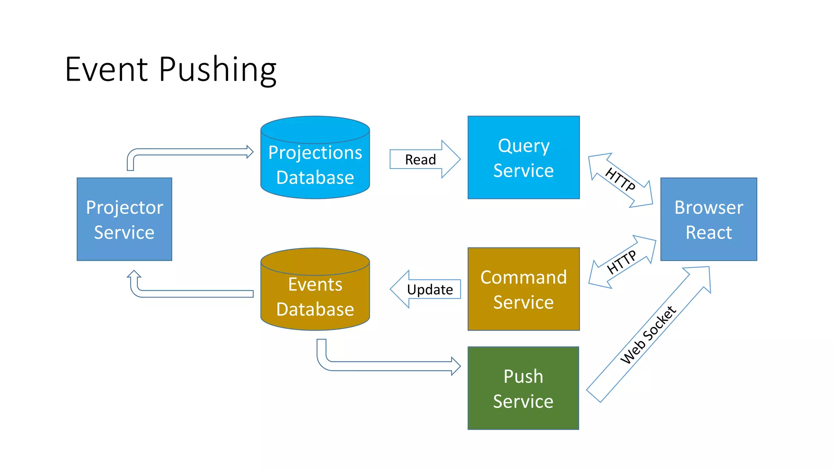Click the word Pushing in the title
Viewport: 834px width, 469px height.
pyautogui.click(x=217, y=70)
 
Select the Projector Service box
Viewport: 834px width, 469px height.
pyautogui.click(x=124, y=219)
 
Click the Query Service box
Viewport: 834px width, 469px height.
pyautogui.click(x=523, y=158)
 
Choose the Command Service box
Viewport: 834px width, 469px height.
pyautogui.click(x=523, y=289)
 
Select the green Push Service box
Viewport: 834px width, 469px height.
pyautogui.click(x=523, y=388)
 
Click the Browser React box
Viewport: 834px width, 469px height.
pyautogui.click(x=709, y=219)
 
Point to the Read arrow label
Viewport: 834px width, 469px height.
pyautogui.click(x=420, y=160)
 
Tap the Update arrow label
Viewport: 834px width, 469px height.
pyautogui.click(x=430, y=289)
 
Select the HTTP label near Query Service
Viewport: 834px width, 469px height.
pyautogui.click(x=620, y=180)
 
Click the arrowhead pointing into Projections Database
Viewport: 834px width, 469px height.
pyautogui.click(x=250, y=152)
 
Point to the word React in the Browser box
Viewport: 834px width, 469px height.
pyautogui.click(x=709, y=233)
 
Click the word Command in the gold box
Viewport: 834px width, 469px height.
pyautogui.click(x=523, y=278)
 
